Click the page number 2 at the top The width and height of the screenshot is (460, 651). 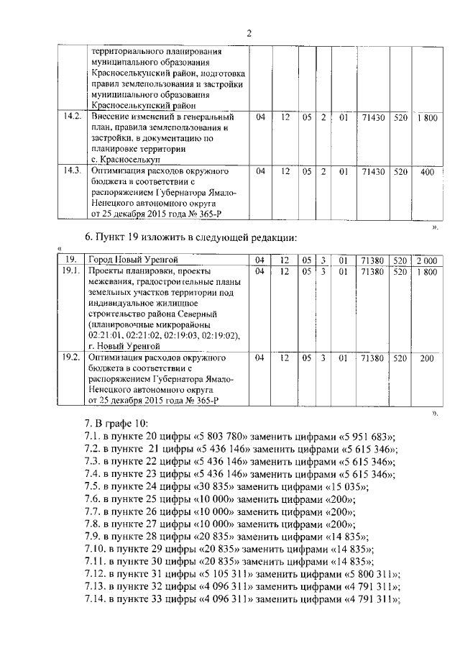click(x=249, y=32)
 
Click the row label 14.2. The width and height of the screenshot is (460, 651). click(x=71, y=117)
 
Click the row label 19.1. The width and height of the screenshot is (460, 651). click(x=71, y=271)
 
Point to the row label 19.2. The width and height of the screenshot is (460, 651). click(x=71, y=358)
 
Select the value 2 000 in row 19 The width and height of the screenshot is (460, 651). click(x=427, y=260)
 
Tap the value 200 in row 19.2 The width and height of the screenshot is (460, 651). click(x=427, y=358)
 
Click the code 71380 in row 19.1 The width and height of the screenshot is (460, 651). click(x=372, y=271)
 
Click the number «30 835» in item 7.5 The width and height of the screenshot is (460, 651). click(x=217, y=487)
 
